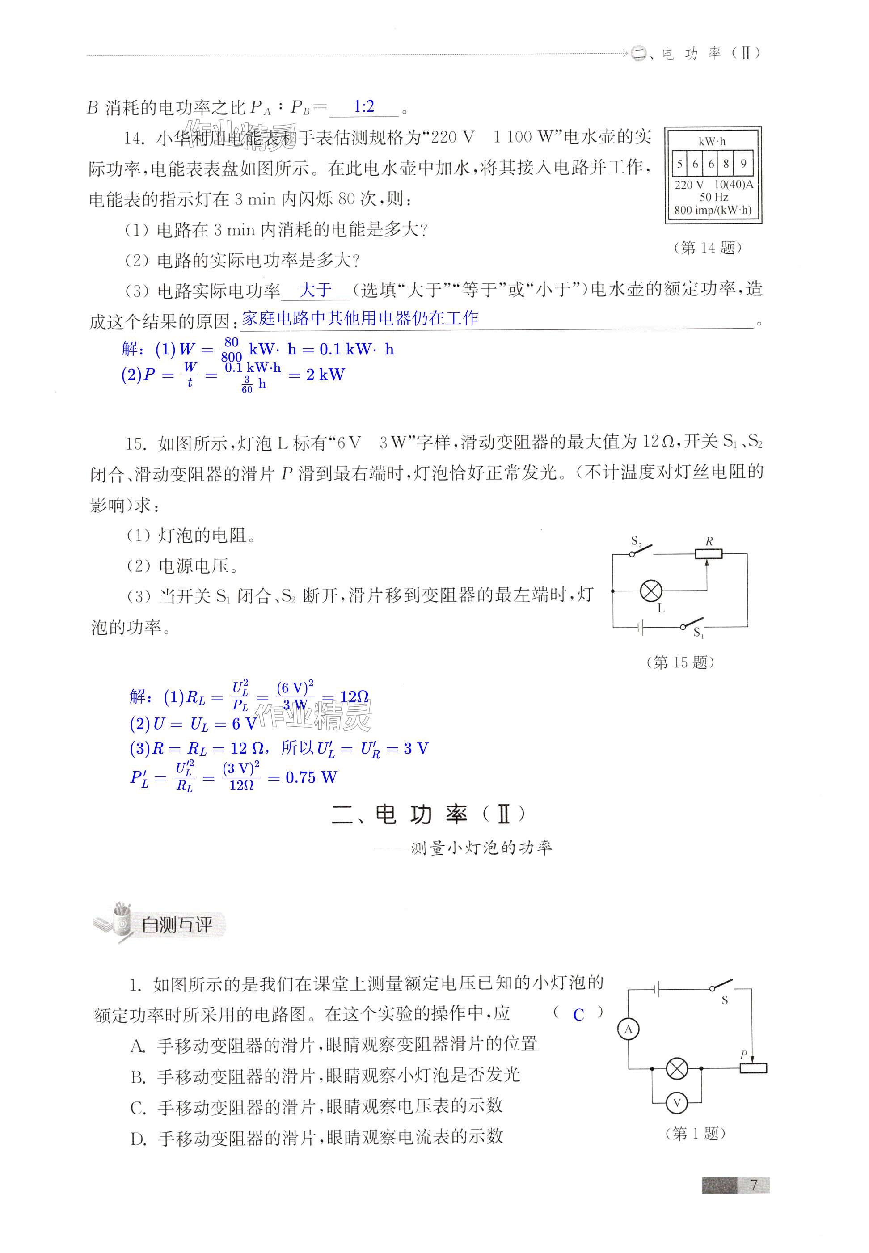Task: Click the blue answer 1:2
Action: tap(364, 107)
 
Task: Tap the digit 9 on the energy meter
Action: tap(743, 163)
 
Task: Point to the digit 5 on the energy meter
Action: tap(680, 163)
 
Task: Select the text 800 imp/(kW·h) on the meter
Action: tap(713, 210)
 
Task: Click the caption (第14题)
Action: tap(707, 248)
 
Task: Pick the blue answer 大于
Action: tap(315, 290)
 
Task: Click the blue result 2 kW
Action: tap(325, 375)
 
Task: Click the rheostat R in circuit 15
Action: tap(709, 554)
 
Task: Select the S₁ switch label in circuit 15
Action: tap(699, 633)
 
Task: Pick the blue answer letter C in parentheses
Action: tap(578, 1015)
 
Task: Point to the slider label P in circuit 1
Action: tap(744, 1054)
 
